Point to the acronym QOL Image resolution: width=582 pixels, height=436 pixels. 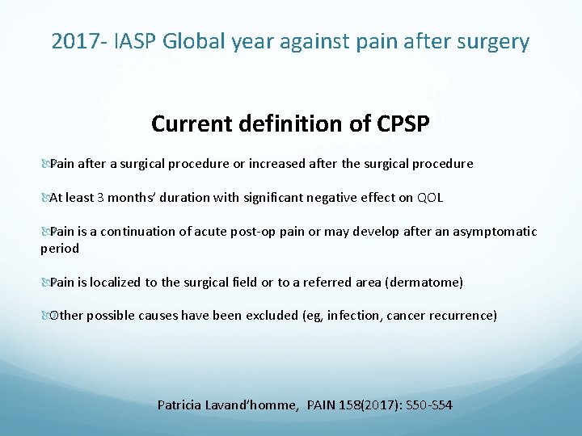(x=430, y=197)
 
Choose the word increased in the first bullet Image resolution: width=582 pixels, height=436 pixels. (x=276, y=164)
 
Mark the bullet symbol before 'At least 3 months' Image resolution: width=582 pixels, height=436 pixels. (x=44, y=198)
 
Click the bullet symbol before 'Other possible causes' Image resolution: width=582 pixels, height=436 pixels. (x=44, y=316)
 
